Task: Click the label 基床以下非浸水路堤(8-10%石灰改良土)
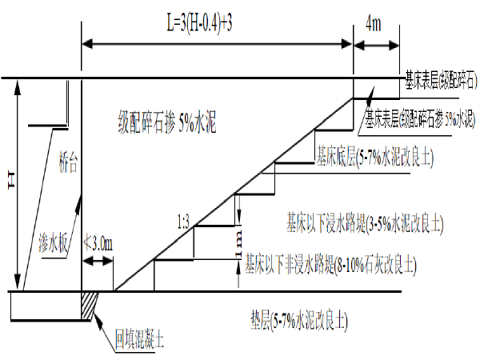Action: (x=331, y=261)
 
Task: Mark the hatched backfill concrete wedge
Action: (x=90, y=302)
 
